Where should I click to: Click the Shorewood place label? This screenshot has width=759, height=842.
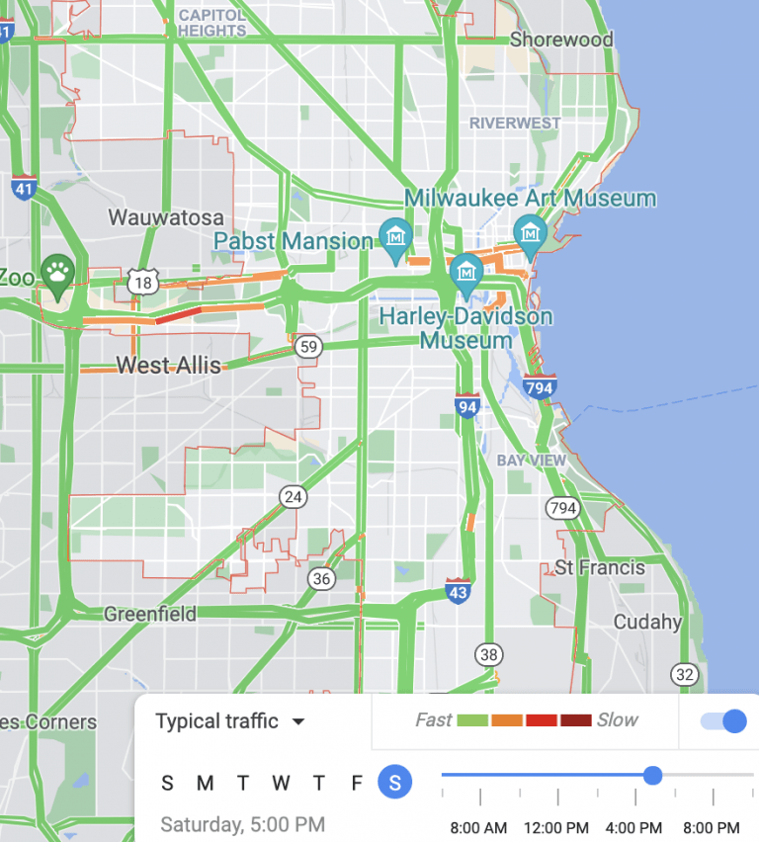560,41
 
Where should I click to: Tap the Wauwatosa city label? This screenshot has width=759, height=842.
165,217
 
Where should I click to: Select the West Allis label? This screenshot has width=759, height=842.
168,366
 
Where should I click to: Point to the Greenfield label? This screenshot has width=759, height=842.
150,614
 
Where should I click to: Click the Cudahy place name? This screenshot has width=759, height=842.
647,622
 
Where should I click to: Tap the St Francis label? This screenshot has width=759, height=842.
599,567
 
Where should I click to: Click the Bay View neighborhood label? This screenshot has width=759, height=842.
532,461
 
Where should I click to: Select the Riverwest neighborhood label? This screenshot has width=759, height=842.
515,123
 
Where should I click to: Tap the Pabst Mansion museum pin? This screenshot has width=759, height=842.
396,237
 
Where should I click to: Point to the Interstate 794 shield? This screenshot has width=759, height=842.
540,386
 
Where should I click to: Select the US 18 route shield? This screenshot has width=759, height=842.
142,284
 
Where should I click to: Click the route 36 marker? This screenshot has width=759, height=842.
320,579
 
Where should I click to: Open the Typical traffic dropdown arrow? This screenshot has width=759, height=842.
298,721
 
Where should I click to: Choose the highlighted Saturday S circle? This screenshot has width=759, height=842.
395,784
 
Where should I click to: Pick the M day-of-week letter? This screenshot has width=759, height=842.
205,784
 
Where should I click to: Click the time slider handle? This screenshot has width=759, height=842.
652,775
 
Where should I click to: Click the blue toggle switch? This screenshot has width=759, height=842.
724,721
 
